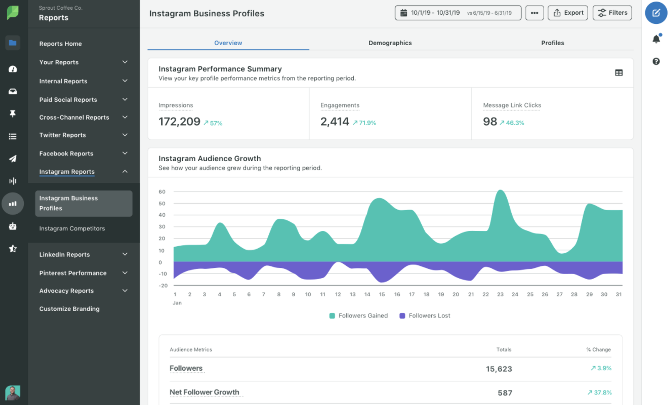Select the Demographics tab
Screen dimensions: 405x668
pyautogui.click(x=390, y=43)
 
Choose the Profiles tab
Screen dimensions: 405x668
pyautogui.click(x=552, y=43)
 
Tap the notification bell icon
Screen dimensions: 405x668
pyautogui.click(x=656, y=39)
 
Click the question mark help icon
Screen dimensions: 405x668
pyautogui.click(x=656, y=62)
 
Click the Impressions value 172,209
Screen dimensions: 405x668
pyautogui.click(x=179, y=122)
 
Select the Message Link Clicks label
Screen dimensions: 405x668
pyautogui.click(x=512, y=105)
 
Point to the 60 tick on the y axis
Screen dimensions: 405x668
pyautogui.click(x=162, y=192)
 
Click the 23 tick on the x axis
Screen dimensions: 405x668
pyautogui.click(x=500, y=294)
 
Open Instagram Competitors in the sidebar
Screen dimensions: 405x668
pyautogui.click(x=72, y=228)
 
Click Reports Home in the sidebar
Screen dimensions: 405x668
pyautogui.click(x=61, y=44)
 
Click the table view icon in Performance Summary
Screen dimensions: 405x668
pyautogui.click(x=618, y=73)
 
